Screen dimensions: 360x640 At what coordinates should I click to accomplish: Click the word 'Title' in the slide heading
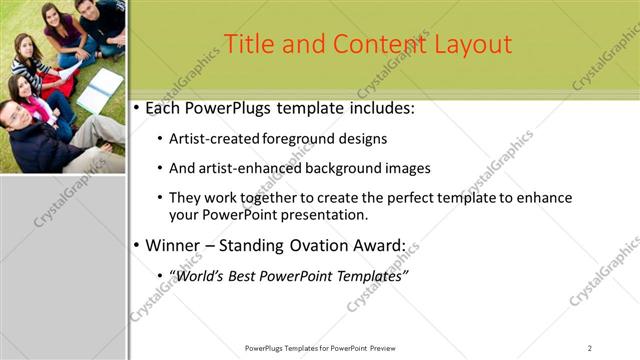pos(247,44)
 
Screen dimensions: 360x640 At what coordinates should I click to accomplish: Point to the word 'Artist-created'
pos(214,139)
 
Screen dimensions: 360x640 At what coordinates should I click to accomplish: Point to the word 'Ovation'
pos(335,245)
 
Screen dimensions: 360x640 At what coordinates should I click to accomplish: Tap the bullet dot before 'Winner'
pos(137,245)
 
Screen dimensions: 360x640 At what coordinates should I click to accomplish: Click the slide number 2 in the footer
pos(590,348)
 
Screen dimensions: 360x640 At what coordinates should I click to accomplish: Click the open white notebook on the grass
pos(100,90)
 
